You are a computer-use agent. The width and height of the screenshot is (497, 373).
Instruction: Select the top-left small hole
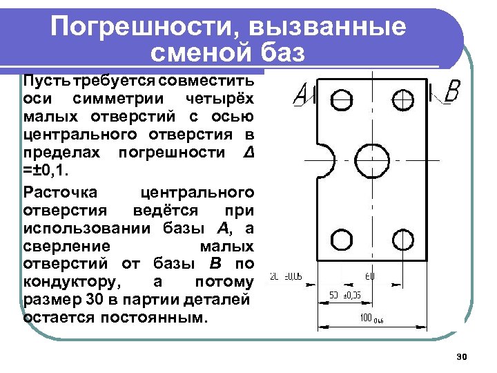341,100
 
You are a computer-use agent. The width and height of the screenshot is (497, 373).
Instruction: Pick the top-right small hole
402,100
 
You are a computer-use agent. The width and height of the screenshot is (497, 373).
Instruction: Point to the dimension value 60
371,277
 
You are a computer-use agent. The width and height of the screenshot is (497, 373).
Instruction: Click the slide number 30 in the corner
462,356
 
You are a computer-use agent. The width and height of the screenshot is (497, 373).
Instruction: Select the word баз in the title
283,52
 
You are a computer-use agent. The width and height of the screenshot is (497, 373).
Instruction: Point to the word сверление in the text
66,246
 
